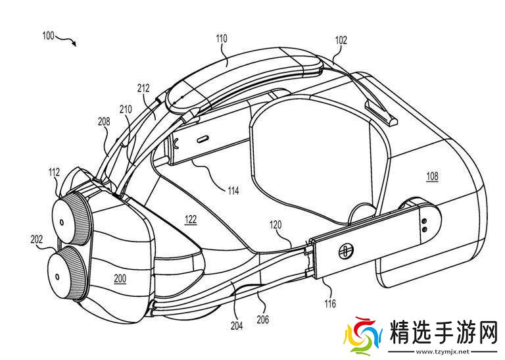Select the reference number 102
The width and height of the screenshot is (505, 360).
pos(341,39)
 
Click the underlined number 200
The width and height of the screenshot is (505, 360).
pos(119,279)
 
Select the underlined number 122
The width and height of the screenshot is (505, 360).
pos(190,220)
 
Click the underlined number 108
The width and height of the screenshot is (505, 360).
pos(431,176)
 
